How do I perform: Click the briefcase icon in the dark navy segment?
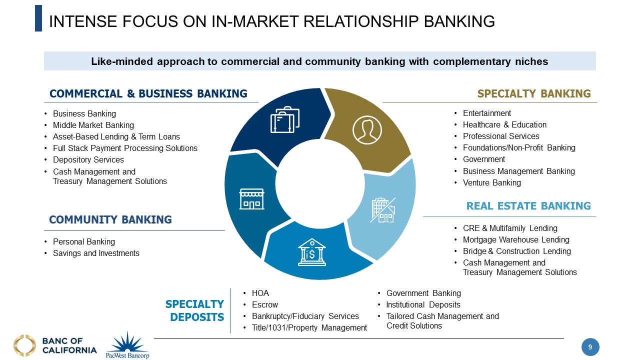tap(285, 120)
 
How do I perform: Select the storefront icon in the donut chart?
tap(251, 198)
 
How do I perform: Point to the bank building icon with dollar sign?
tap(311, 251)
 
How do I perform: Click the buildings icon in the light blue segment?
tap(382, 210)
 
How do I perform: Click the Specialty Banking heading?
tap(533, 94)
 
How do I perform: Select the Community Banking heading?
tap(110, 219)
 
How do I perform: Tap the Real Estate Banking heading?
tap(528, 206)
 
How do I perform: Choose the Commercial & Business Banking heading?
tap(148, 94)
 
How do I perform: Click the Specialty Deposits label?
tap(195, 310)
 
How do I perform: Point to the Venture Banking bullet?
tap(491, 183)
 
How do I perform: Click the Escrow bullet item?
tap(265, 304)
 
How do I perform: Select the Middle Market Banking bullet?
tap(93, 125)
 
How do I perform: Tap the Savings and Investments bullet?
tap(96, 253)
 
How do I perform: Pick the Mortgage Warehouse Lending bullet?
tap(516, 239)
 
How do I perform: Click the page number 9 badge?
tap(590, 347)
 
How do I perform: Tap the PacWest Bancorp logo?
tap(127, 345)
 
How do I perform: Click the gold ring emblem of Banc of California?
tap(24, 345)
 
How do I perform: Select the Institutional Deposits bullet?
tap(423, 304)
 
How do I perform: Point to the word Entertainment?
tap(486, 113)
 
